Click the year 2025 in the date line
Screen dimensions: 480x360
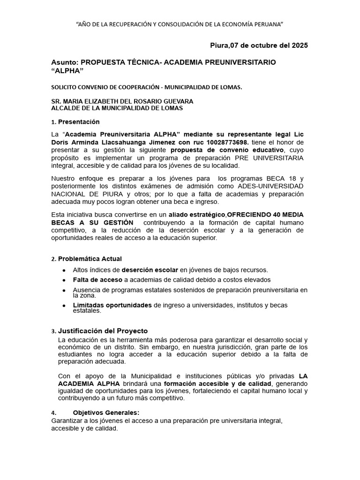pos(300,45)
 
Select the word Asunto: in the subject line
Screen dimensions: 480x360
pos(65,62)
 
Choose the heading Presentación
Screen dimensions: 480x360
pos(79,122)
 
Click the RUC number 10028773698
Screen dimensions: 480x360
pos(231,142)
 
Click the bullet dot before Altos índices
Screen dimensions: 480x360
pos(64,270)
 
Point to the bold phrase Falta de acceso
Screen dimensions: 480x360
pos(91,280)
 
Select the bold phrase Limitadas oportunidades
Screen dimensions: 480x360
pos(112,305)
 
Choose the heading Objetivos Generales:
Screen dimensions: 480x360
pos(106,412)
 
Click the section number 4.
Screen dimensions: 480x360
pos(54,412)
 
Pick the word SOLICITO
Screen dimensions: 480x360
pos(64,87)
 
